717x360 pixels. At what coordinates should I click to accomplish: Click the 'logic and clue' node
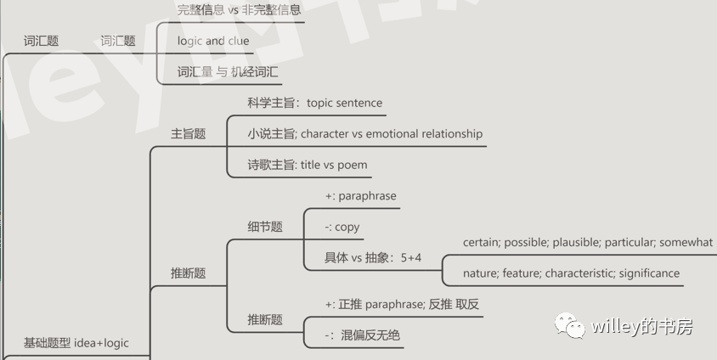point(213,41)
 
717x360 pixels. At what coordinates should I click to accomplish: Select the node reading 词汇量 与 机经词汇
point(228,72)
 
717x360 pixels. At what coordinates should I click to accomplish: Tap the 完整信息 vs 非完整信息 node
point(240,10)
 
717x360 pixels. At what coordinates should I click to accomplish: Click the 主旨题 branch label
point(189,133)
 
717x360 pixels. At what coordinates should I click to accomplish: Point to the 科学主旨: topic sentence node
point(314,103)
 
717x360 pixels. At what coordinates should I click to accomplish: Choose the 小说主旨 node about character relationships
point(364,133)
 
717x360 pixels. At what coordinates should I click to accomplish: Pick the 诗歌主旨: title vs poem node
point(308,165)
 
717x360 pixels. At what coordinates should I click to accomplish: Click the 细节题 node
point(265,227)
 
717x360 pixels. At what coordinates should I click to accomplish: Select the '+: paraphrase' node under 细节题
point(360,195)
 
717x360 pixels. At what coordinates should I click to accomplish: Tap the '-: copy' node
point(342,227)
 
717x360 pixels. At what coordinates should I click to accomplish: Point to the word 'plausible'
point(576,242)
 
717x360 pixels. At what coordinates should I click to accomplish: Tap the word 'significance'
point(649,273)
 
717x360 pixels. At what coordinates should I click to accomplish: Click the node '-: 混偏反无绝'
point(362,335)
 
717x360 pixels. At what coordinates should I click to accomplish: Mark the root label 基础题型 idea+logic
point(76,343)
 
